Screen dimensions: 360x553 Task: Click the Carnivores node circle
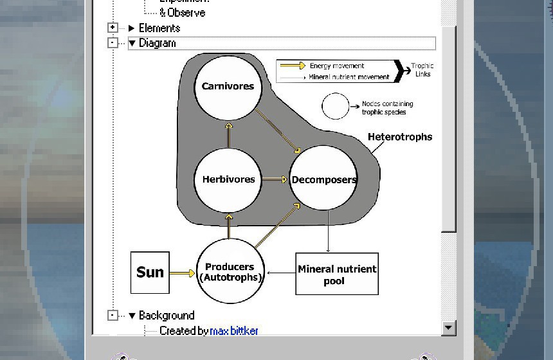point(228,87)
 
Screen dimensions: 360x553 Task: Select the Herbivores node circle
point(228,179)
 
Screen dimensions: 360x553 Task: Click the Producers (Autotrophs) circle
point(230,272)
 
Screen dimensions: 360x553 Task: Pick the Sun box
point(150,273)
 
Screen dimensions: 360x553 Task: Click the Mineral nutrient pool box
point(337,274)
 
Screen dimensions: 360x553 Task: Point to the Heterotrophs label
point(400,137)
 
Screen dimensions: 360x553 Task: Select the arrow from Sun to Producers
point(182,273)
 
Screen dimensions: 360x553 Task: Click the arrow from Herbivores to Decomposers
point(275,179)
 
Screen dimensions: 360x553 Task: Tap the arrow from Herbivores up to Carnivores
point(228,134)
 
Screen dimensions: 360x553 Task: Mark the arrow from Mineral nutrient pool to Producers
point(280,273)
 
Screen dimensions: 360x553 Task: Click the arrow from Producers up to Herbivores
point(228,226)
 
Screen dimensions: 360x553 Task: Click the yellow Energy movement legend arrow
point(293,66)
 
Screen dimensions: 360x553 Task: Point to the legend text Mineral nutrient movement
point(349,77)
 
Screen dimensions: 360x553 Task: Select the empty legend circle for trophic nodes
point(335,106)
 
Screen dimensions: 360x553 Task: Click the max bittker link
point(234,331)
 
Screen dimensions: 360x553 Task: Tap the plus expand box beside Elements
point(113,28)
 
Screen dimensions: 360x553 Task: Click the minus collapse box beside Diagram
point(113,43)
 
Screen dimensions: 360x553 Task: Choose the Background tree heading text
point(167,316)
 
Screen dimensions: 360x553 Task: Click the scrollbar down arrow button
point(449,328)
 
